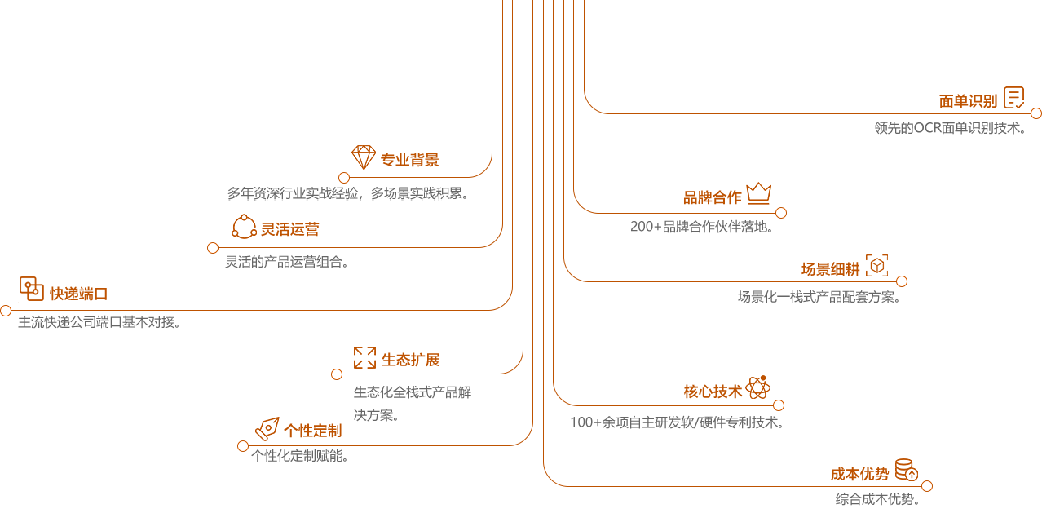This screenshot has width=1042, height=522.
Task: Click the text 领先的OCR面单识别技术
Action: [949, 128]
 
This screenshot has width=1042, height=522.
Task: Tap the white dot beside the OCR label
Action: [1036, 113]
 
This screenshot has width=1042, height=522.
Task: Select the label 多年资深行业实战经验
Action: [347, 194]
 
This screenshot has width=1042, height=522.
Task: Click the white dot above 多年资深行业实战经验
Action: [344, 178]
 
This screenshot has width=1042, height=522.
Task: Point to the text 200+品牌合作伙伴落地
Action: [701, 227]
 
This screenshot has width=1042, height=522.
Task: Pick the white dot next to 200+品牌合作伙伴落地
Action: [781, 213]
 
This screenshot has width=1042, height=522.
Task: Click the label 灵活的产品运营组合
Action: [286, 263]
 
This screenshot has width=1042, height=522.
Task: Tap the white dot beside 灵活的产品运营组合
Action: [213, 248]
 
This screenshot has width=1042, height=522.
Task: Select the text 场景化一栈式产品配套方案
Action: [819, 298]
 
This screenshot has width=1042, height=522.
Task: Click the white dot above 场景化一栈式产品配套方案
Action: [902, 281]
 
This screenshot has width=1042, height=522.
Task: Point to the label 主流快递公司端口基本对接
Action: [99, 322]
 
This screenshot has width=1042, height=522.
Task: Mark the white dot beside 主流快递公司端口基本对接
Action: [6, 311]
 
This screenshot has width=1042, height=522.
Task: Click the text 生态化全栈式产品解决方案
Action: [412, 404]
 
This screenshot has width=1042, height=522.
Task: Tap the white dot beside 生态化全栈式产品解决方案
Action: [337, 374]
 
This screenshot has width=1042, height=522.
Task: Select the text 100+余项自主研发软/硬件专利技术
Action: [678, 422]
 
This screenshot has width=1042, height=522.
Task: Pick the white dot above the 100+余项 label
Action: [779, 405]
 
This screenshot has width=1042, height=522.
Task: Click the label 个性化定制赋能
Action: [301, 456]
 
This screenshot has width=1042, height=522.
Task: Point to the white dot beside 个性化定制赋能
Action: [243, 446]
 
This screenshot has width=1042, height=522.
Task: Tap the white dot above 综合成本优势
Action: [927, 486]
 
